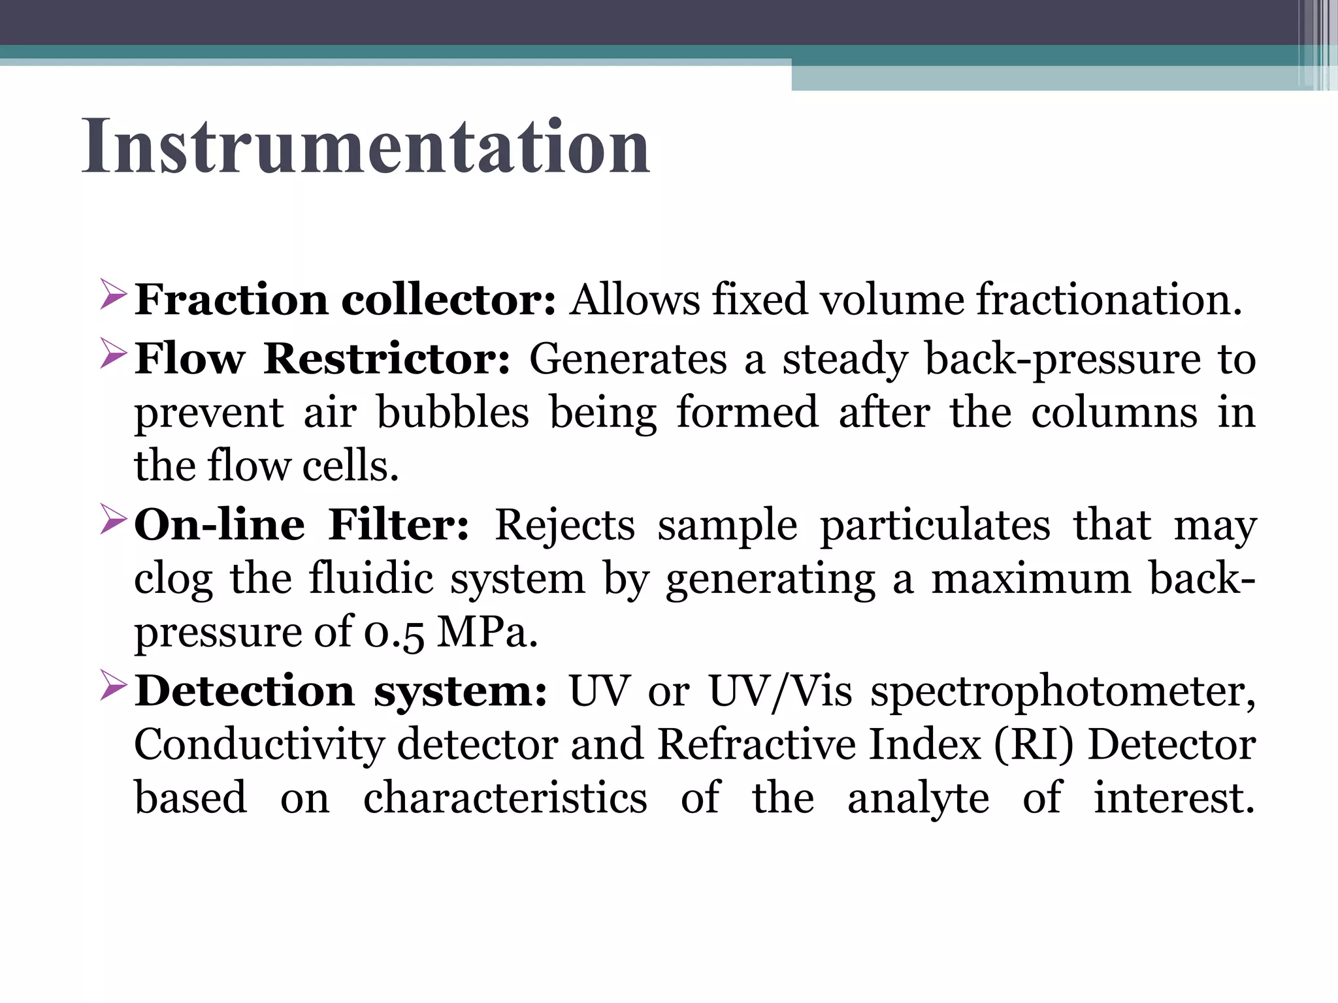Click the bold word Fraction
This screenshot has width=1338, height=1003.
click(232, 300)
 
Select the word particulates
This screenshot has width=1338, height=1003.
click(935, 526)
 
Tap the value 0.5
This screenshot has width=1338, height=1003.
click(394, 633)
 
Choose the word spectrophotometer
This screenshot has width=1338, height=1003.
click(1062, 692)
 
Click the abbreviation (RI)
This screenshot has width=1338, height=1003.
click(1034, 744)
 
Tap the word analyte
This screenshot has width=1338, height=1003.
click(918, 799)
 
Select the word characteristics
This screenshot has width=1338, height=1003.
click(505, 797)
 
